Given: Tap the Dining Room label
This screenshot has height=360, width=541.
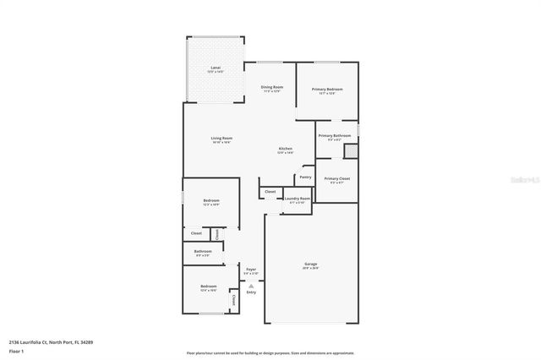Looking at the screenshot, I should pos(271,87).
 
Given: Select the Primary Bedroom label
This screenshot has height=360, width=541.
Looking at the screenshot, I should pos(326,89).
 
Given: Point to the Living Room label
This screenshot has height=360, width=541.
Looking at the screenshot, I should pos(221,139).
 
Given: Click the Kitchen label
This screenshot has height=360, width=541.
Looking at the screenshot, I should pos(286,149).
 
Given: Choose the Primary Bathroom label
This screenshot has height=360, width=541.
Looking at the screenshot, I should pos(334,135).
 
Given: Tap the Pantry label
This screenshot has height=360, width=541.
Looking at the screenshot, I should pos(305,177).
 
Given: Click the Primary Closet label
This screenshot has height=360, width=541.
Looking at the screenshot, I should pos(336,178).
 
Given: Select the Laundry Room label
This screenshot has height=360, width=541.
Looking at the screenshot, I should pos(298,199).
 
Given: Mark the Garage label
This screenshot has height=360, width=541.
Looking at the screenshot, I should pos(310,265).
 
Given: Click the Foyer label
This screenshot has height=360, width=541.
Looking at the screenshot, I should pos(251,269).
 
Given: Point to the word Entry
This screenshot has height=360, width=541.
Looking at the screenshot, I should pos(251,292).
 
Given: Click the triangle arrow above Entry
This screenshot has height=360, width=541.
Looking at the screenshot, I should pos(251,286).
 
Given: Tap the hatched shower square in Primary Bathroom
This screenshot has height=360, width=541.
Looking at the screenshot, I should pos(351,151).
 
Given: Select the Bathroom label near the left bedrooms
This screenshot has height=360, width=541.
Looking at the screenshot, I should pos(202,251).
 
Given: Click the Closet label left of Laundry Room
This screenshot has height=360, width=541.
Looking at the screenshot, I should pos(270,192).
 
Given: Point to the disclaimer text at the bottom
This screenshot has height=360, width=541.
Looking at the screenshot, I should pos(270,352).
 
